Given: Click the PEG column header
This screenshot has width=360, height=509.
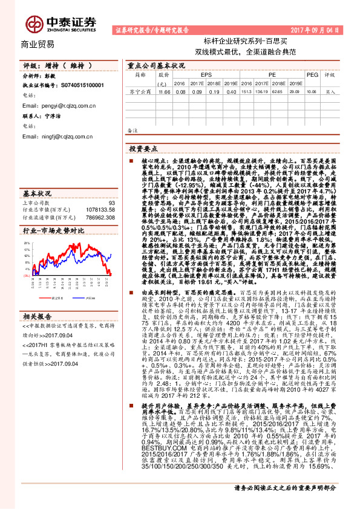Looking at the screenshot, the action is tap(312, 75).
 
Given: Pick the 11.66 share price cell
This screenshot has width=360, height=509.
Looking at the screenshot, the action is tap(163, 92).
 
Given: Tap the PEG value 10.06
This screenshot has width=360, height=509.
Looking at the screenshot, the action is tap(312, 92).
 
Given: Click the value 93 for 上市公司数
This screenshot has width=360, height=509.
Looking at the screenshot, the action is tap(111, 203).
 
